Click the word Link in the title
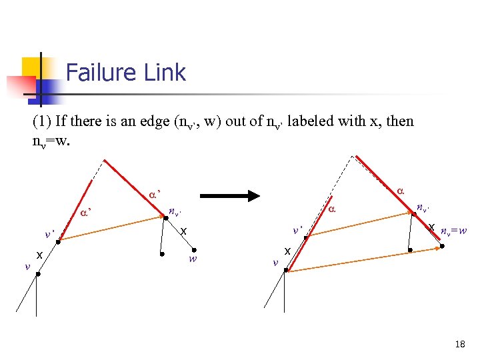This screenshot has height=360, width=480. click(167, 72)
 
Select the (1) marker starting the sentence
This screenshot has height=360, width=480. click(41, 121)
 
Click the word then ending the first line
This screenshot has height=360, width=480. click(399, 121)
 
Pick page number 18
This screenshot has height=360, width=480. click(459, 344)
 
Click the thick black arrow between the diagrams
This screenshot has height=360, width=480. click(230, 196)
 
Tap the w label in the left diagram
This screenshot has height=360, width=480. click(193, 259)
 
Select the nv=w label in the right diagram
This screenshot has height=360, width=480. click(453, 232)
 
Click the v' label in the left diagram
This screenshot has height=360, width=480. click(49, 234)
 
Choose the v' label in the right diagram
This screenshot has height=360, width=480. click(298, 230)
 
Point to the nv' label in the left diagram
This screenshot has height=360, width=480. click(175, 212)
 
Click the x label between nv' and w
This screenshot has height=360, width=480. click(183, 231)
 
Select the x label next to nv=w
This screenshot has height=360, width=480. click(433, 227)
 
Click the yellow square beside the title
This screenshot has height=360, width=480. click(35, 69)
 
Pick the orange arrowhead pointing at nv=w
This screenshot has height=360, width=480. click(439, 247)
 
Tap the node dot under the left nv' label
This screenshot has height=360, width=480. click(165, 217)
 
